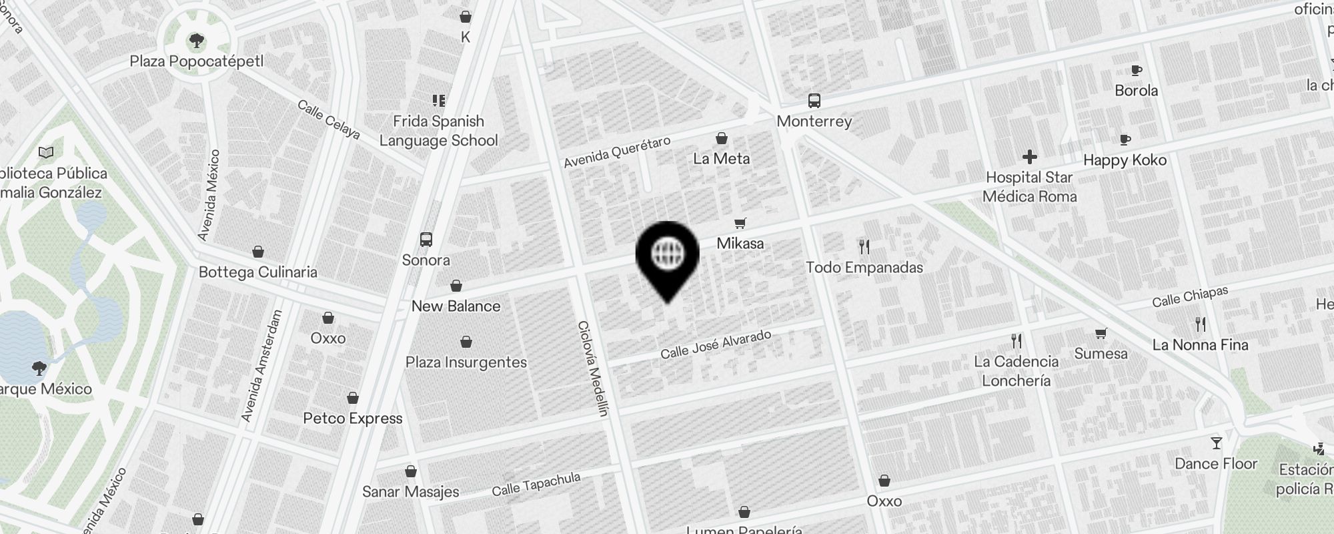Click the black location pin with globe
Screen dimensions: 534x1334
coord(667,257)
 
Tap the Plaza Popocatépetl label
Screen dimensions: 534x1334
coord(197,62)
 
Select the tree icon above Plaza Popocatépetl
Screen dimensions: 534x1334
coord(196,41)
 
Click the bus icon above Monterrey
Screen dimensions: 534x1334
coord(814,101)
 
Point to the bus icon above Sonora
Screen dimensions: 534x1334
coord(426,240)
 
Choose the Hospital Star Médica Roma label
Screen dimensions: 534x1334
coord(1029,187)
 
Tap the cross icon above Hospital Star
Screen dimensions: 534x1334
coord(1029,157)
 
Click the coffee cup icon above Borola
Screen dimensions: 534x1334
coord(1137,70)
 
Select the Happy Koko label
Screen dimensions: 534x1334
coord(1125,160)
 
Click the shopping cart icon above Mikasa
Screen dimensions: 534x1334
coord(740,223)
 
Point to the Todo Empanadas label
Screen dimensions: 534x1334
coord(864,268)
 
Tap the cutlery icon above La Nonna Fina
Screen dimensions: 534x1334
coord(1201,324)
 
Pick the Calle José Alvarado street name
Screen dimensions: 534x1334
coord(716,344)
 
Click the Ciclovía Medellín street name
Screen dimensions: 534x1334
coord(594,368)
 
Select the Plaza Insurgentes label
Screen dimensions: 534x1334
coord(466,362)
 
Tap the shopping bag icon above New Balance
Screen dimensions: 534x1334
coord(456,286)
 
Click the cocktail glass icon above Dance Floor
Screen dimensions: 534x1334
coord(1216,443)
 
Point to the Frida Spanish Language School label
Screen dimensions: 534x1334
coord(438,131)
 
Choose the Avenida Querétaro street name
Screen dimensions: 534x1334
coord(616,153)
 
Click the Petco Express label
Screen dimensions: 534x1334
coord(353,419)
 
